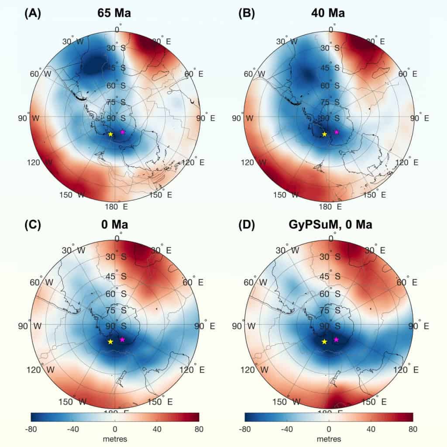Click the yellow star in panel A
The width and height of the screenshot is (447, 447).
tap(110, 134)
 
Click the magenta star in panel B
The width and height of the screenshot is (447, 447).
tap(337, 132)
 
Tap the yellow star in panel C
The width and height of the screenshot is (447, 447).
tap(110, 341)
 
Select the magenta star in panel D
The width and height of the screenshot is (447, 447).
tap(336, 340)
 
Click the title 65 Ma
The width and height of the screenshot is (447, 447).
tap(114, 13)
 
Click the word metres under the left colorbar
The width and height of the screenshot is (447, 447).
tap(115, 439)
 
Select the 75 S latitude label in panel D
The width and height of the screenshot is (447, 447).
tap(331, 310)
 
